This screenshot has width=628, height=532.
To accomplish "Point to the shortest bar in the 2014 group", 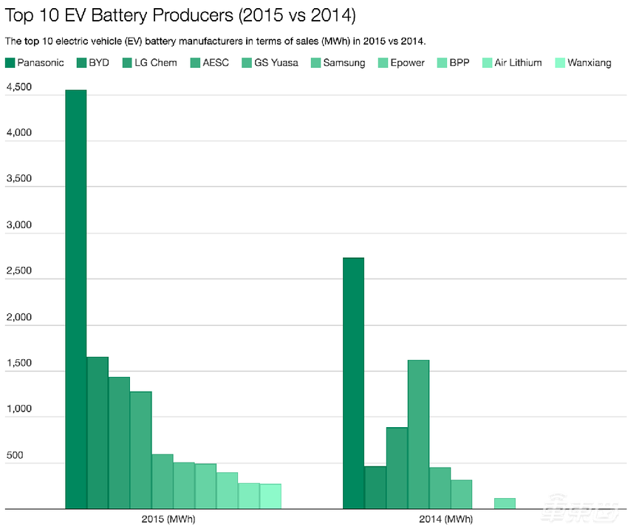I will click(505, 503).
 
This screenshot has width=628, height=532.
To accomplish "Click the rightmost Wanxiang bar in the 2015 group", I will click(270, 497).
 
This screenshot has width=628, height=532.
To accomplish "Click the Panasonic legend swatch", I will click(10, 63).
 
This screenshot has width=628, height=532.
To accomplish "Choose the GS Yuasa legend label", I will click(276, 63).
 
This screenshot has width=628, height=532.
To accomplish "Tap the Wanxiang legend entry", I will click(589, 63).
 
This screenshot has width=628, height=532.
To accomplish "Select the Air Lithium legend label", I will click(517, 63).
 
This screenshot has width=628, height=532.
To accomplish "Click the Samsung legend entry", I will click(344, 63).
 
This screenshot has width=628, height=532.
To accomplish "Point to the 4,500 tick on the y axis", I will click(19, 87).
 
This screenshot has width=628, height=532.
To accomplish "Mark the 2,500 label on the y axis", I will click(19, 271).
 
